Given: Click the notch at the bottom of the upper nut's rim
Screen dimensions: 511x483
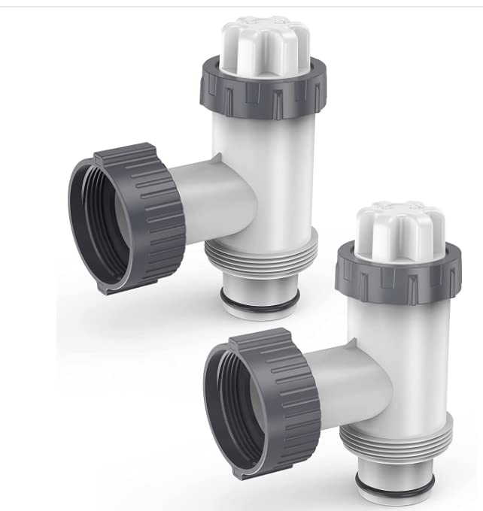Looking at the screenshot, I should point(113,289).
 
